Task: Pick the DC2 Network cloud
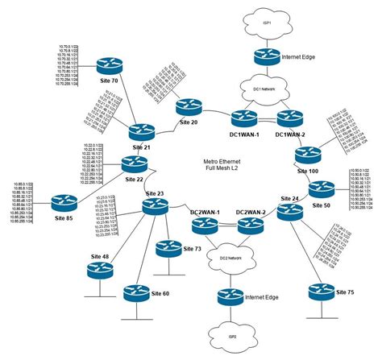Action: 229,259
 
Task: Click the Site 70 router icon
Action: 105,64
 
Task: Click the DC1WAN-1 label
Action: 244,133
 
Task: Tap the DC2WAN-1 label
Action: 207,212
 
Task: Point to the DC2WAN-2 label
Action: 251,212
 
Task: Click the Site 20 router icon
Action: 190,106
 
